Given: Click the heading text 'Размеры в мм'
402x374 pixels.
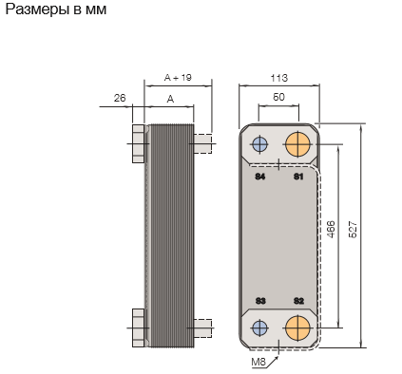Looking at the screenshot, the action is click(56, 9).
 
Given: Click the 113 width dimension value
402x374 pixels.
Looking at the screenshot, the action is click(278, 78).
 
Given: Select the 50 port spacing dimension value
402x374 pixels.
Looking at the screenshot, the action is click(278, 97).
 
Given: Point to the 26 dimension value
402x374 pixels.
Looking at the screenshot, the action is click(120, 98).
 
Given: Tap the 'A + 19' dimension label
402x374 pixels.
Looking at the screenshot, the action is click(178, 78).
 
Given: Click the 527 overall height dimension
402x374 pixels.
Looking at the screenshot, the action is click(353, 230).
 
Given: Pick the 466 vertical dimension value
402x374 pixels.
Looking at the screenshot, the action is click(331, 230).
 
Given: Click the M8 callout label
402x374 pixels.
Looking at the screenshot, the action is click(258, 362).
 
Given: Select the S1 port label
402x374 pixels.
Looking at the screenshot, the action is click(298, 177).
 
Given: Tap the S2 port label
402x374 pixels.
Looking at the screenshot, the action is click(298, 301).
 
